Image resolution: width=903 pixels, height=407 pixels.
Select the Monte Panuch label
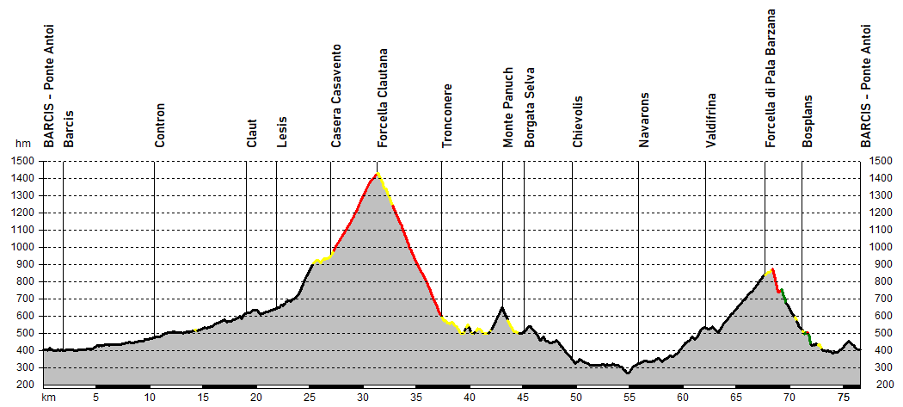tap(508, 108)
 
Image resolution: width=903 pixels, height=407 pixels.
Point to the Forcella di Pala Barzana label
tap(771, 78)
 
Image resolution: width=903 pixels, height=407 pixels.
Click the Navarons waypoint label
tap(644, 120)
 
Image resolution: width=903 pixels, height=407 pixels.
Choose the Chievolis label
tap(578, 121)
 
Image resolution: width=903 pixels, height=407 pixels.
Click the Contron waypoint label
tap(160, 126)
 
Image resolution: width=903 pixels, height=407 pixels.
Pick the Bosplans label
tap(808, 121)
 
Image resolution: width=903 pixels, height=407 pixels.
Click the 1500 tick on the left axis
tap(24, 161)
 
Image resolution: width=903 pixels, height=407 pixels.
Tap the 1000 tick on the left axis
tap(24, 247)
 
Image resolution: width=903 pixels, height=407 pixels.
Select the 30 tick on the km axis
tap(362, 397)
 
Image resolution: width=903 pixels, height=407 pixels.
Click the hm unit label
tap(22, 145)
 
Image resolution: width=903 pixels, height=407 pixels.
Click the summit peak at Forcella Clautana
tap(377, 174)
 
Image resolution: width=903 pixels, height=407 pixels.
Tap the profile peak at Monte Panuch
tap(502, 307)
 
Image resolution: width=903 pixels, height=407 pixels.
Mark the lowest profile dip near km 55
tap(627, 373)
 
